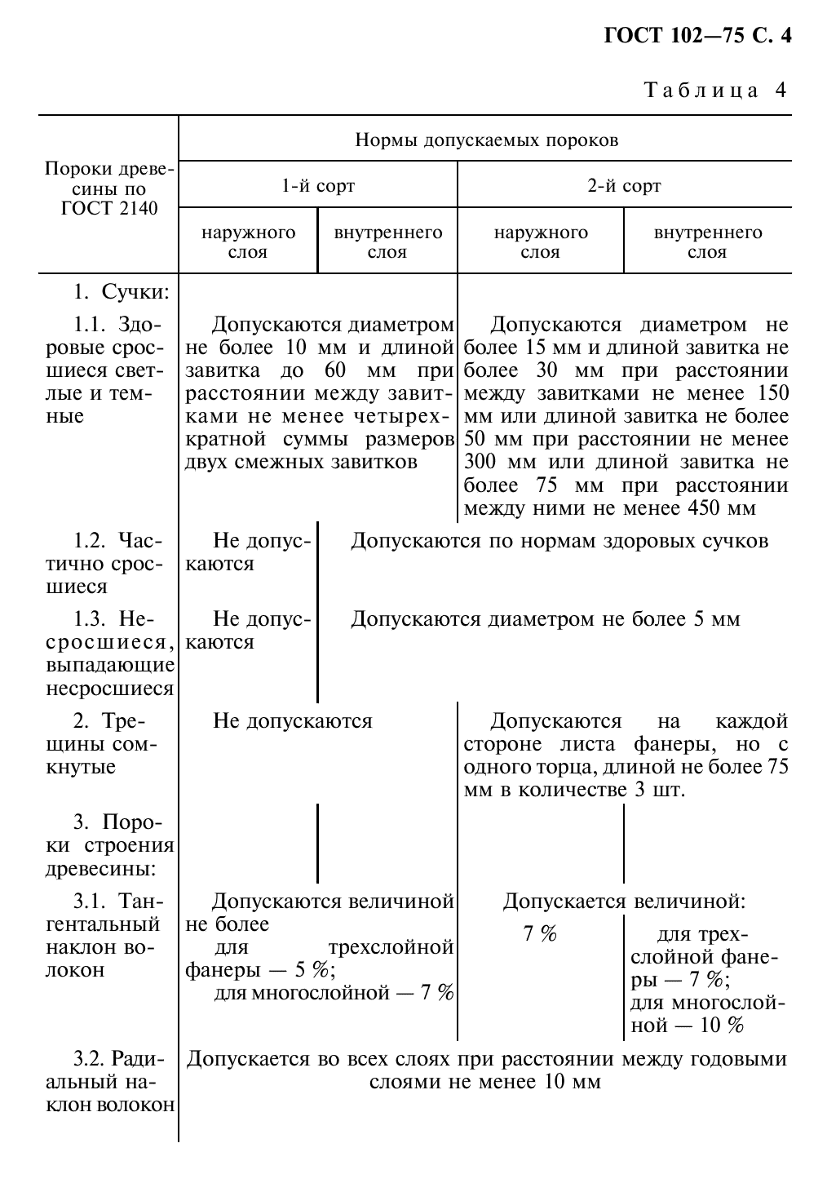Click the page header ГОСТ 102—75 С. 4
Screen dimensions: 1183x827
(x=697, y=36)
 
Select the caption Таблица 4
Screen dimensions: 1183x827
(x=715, y=90)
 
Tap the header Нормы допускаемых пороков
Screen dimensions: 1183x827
(x=486, y=140)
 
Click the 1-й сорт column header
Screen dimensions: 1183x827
(x=318, y=186)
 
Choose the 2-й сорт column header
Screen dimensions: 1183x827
(x=624, y=186)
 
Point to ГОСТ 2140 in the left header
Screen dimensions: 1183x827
(x=109, y=207)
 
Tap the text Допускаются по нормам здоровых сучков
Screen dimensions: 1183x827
(x=559, y=541)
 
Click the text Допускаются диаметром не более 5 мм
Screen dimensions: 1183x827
(x=545, y=619)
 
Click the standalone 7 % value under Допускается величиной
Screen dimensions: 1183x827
(x=540, y=934)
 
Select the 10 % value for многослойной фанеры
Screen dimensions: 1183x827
(x=722, y=1026)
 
